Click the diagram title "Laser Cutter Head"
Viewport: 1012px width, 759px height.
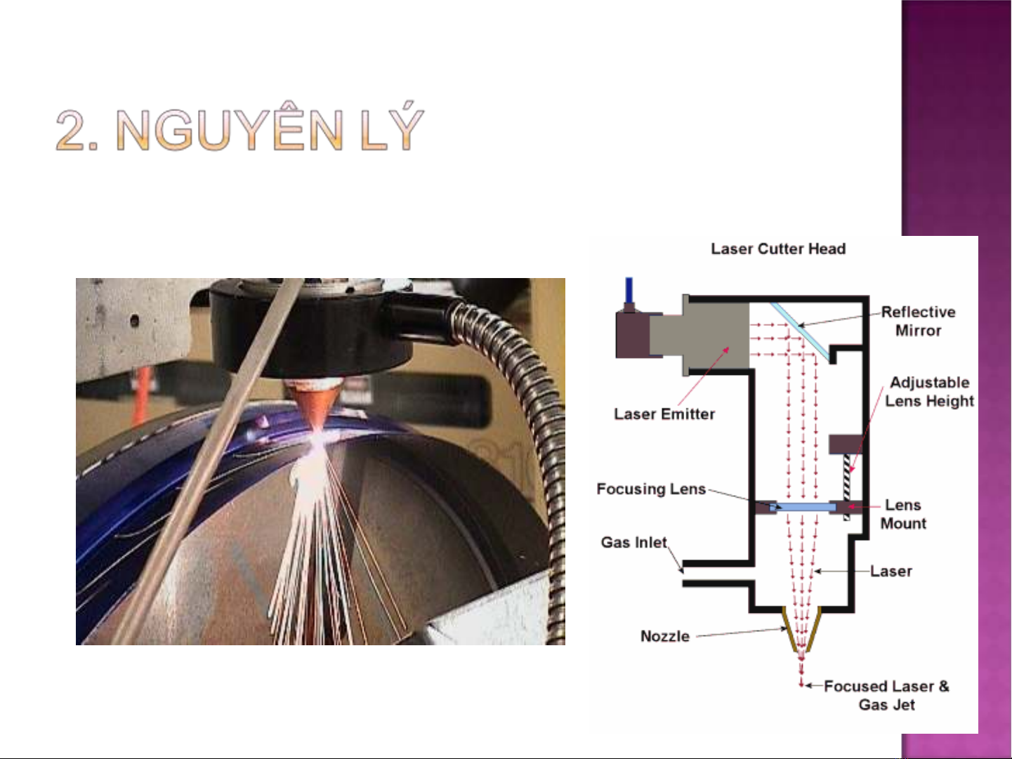coord(778,249)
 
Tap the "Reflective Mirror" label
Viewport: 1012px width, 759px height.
coord(918,321)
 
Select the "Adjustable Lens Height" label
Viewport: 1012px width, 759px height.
coord(929,392)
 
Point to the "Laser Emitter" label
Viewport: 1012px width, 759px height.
coord(664,414)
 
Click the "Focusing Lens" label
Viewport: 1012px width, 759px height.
coord(651,489)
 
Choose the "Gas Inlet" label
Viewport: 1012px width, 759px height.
coord(633,543)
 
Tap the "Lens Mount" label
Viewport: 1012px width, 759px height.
coord(903,515)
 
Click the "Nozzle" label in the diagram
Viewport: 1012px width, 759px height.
coord(665,637)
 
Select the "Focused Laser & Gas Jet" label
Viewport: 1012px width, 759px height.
coord(886,695)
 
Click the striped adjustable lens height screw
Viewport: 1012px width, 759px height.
coord(848,484)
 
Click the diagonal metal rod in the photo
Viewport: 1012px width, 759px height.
coord(211,456)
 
